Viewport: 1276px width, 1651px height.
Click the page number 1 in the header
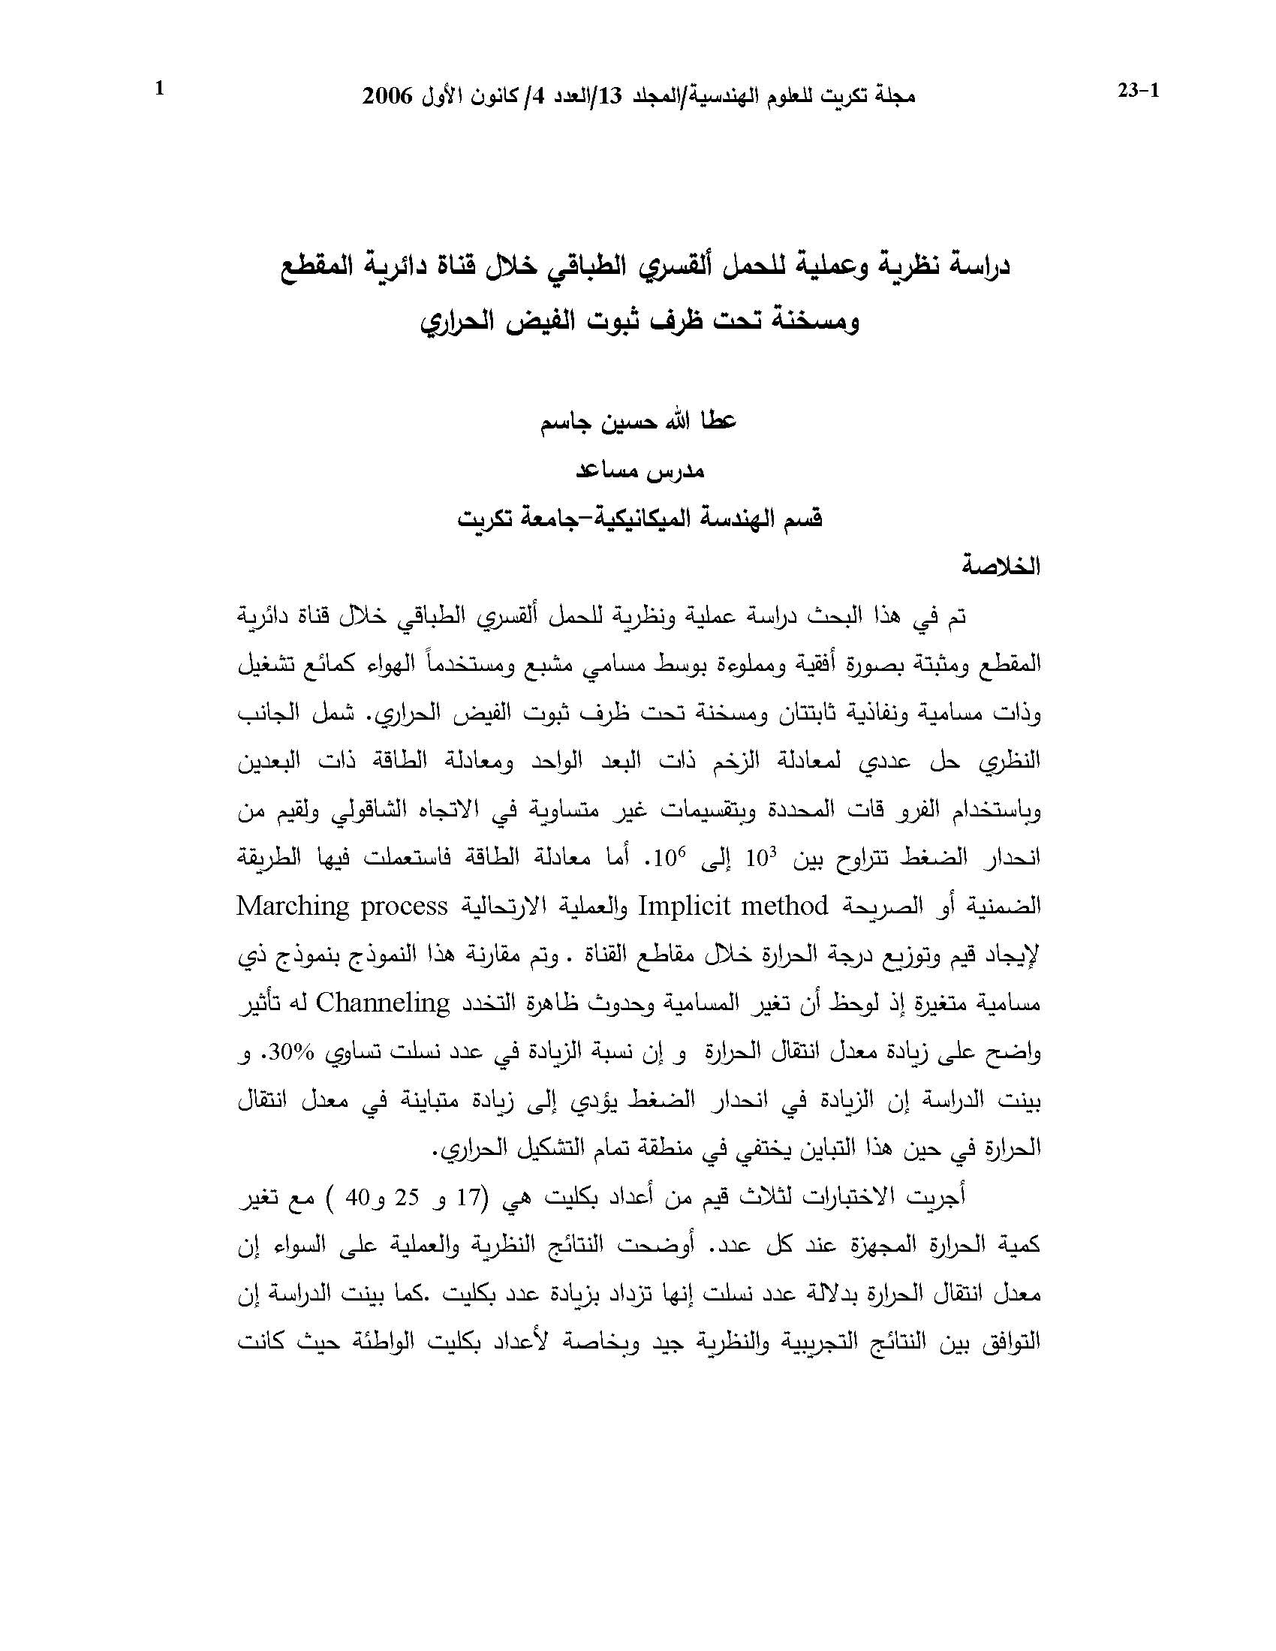point(158,90)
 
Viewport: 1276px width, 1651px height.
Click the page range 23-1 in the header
point(1138,92)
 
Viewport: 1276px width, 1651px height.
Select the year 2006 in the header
point(388,96)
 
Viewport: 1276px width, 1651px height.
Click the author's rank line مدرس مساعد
point(640,471)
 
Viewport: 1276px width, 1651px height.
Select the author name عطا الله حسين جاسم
point(639,422)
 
